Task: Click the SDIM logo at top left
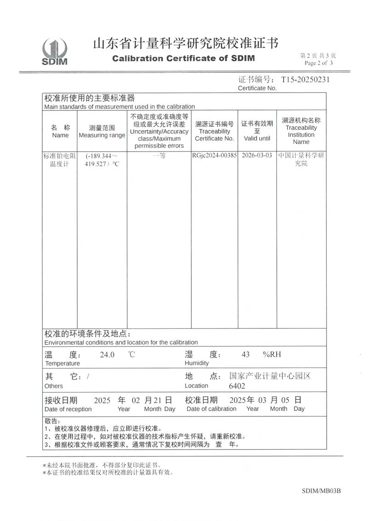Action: (x=55, y=52)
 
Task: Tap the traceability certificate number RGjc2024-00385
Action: (x=214, y=156)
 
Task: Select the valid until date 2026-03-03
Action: (x=257, y=156)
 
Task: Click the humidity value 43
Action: (x=246, y=355)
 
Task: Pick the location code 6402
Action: (x=237, y=386)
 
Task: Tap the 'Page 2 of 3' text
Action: (x=318, y=63)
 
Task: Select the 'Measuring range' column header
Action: (x=102, y=135)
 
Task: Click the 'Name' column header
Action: (x=60, y=135)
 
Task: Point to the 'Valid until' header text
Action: (x=257, y=138)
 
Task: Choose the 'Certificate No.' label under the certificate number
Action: (x=257, y=88)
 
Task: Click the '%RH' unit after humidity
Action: (x=271, y=355)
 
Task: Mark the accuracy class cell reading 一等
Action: (x=159, y=156)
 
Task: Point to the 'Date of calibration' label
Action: (x=211, y=409)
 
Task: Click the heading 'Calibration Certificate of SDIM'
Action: (x=183, y=59)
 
